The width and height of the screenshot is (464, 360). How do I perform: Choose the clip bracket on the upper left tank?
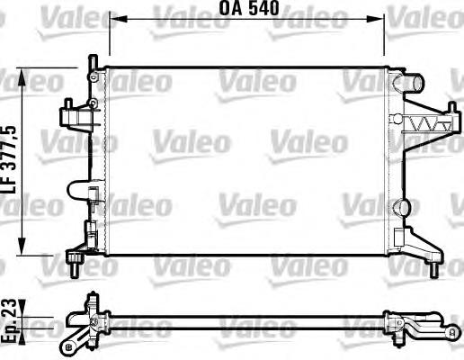[x=75, y=114]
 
